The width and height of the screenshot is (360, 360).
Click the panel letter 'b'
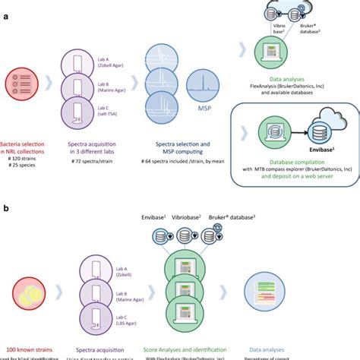5,207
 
